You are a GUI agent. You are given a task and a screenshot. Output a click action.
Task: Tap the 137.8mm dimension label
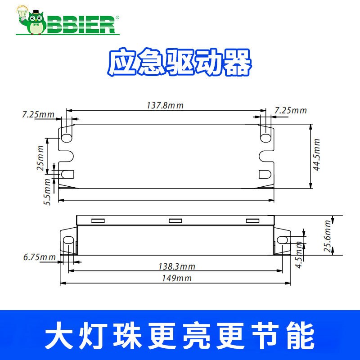point(165,105)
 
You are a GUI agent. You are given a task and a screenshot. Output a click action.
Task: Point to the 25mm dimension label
point(41,158)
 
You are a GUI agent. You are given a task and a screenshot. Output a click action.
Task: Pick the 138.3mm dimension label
point(177,266)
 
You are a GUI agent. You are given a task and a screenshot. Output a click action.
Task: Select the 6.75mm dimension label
point(40,257)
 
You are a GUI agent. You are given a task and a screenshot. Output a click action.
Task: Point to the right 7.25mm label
point(290,110)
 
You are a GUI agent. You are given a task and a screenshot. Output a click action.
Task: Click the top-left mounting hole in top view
point(67,135)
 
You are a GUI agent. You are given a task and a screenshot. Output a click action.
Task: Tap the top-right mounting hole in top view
point(266,134)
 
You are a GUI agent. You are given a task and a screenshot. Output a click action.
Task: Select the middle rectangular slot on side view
point(175,220)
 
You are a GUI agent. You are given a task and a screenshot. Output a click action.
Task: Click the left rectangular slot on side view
point(98,220)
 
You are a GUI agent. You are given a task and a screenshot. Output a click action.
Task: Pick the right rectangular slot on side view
point(252,220)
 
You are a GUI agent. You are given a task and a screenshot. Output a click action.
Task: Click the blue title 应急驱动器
point(179,63)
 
